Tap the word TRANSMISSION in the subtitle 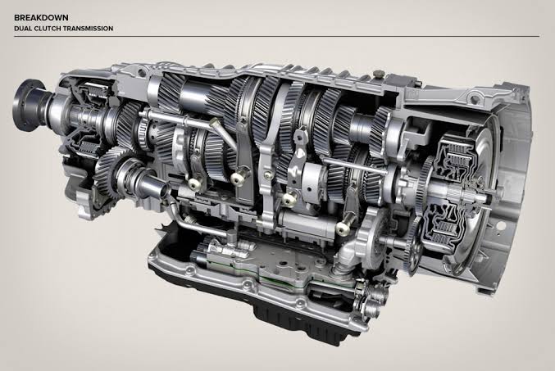(x=93, y=29)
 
